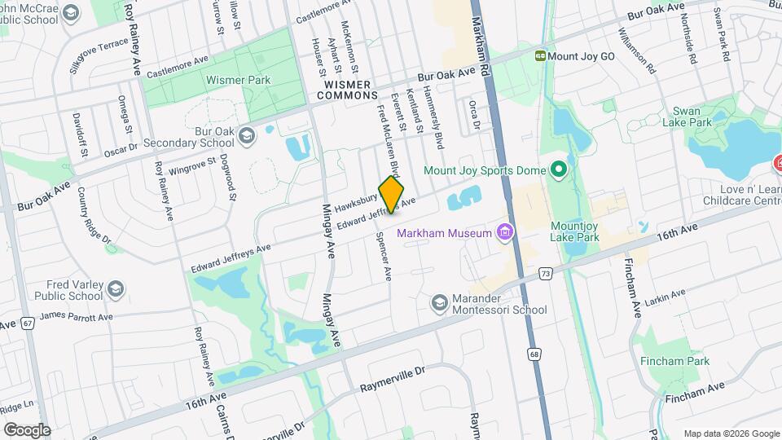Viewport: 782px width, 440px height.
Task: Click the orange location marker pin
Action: [392, 194]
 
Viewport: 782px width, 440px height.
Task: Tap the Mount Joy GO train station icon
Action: [540, 56]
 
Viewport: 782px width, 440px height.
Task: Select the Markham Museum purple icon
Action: [505, 234]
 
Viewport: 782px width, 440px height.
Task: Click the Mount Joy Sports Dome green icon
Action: [558, 171]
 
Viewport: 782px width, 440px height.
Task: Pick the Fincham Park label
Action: [674, 361]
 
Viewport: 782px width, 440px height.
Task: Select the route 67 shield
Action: [29, 323]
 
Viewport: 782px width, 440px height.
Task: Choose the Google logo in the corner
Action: [27, 429]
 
